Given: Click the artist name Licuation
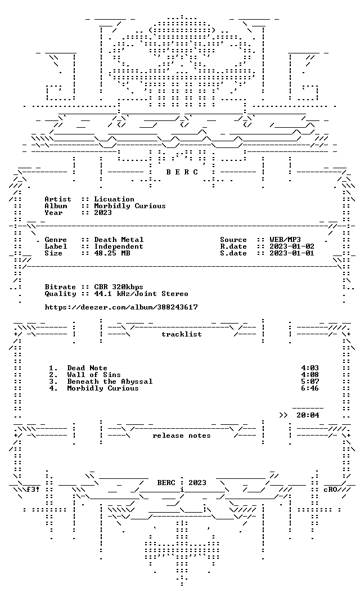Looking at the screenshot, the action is [114, 199].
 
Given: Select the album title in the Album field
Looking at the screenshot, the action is [130, 206].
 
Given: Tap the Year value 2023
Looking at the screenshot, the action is [103, 213].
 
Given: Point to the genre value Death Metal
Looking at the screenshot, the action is [119, 240].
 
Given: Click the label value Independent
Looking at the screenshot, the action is [119, 246].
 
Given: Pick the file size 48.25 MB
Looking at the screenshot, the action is [112, 253].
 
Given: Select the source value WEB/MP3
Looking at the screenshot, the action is [285, 240].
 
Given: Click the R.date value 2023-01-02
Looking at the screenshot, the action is [292, 246].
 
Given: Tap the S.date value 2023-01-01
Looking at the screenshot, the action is [292, 253].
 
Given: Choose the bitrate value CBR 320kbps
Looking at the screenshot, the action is [119, 287].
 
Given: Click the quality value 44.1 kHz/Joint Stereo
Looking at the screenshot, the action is [141, 294].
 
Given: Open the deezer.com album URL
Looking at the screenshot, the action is [121, 307].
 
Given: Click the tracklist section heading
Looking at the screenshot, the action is [182, 334].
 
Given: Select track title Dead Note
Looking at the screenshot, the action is [87, 368].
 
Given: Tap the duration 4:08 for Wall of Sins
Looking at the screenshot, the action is [310, 375].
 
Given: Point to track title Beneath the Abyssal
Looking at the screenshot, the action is [110, 382].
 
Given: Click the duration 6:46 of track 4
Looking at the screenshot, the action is [310, 388].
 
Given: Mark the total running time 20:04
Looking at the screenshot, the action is [308, 415].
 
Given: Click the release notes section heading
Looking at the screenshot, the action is [182, 436].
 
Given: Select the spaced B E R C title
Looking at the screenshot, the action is [182, 172].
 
